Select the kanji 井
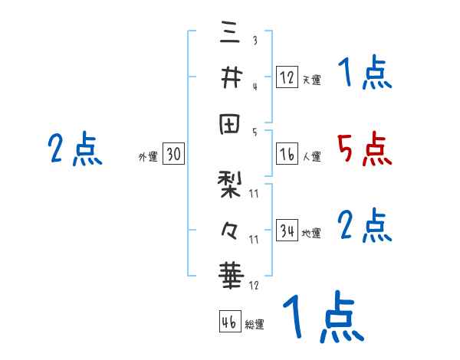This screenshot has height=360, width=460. click(231, 77)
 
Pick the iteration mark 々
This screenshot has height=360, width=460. click(231, 228)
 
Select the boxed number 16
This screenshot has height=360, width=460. click(287, 154)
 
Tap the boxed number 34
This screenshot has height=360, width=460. click(287, 230)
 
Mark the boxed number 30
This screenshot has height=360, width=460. click(173, 154)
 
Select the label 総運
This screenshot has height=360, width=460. click(255, 324)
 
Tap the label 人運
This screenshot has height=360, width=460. click(311, 157)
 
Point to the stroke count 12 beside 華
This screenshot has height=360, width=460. click(254, 285)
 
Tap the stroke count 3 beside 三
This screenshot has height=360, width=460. click(254, 40)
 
